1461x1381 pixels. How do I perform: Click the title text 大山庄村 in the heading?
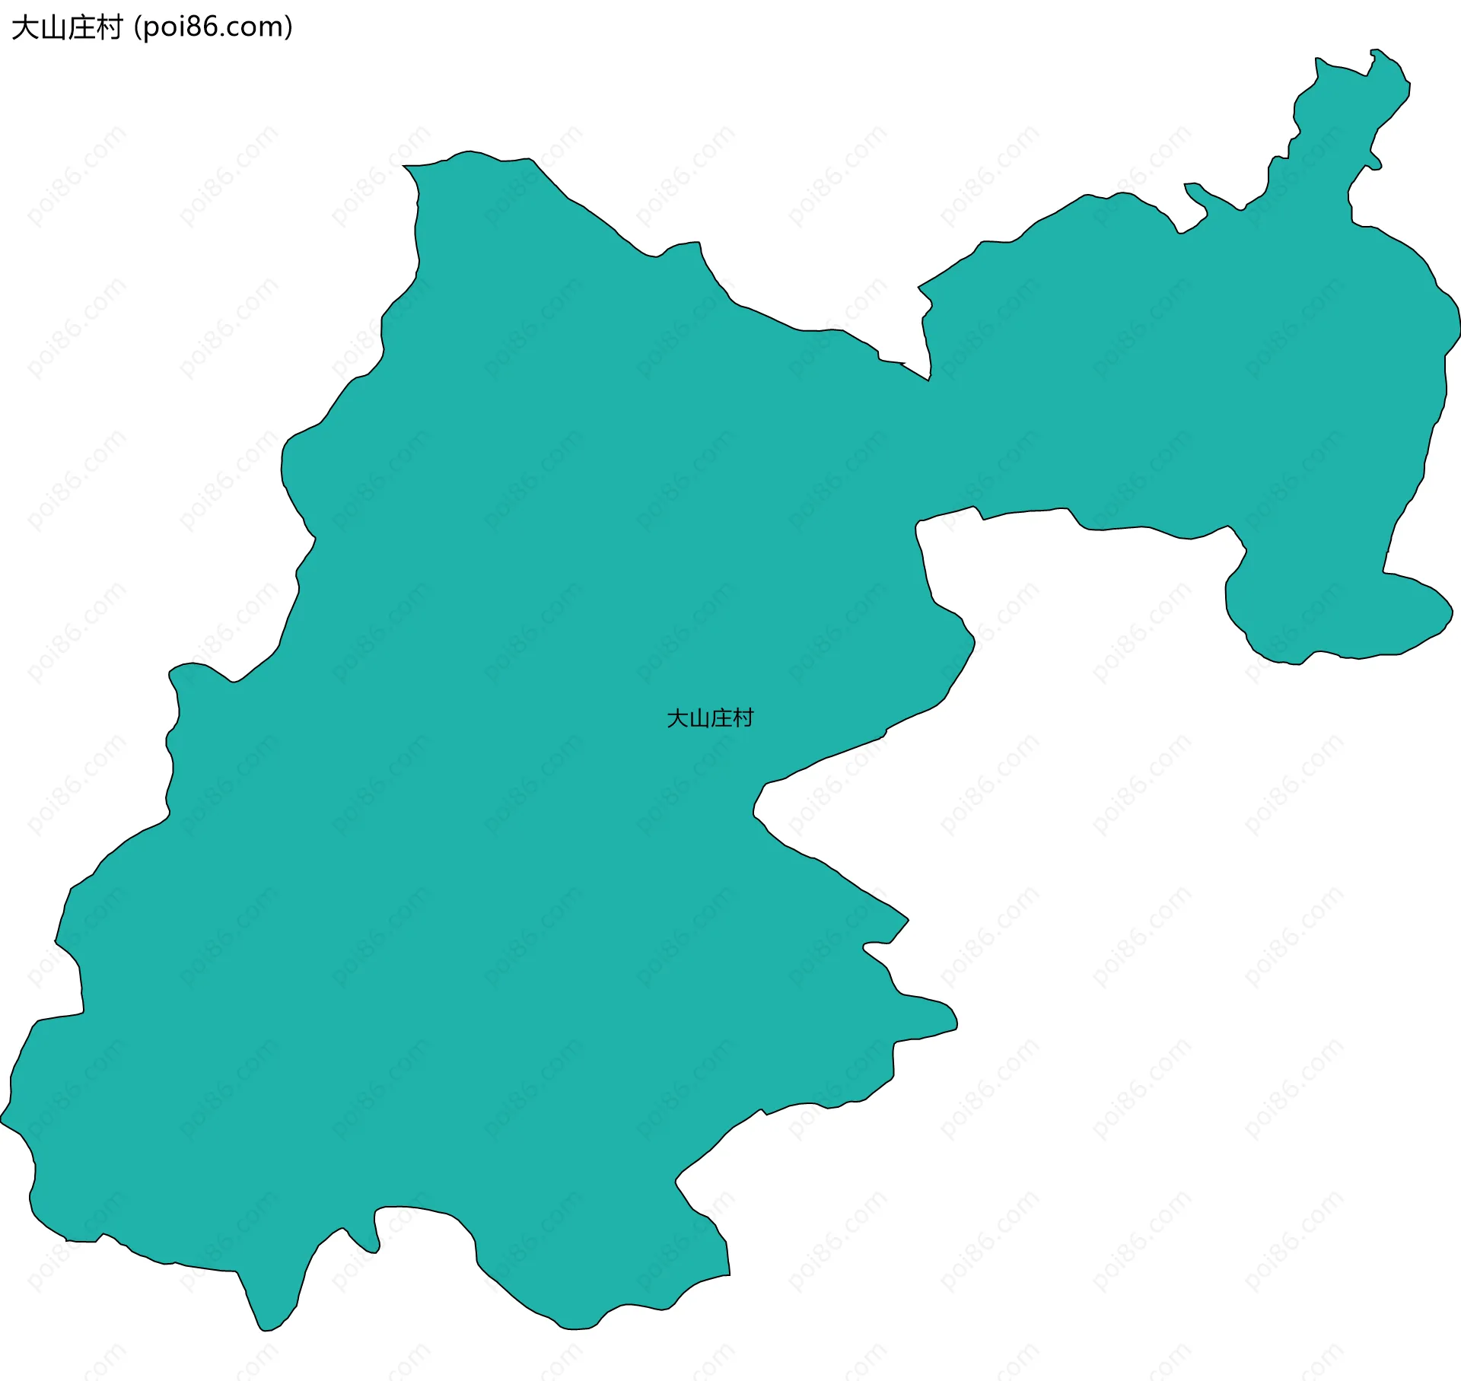point(67,27)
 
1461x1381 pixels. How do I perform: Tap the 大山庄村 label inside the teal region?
point(709,718)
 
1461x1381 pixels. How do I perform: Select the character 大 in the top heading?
point(24,27)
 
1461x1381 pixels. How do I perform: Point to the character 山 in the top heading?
point(53,28)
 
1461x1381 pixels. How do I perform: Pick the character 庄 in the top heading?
point(81,27)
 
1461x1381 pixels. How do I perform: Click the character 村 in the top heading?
point(109,27)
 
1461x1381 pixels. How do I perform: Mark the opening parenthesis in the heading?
point(138,27)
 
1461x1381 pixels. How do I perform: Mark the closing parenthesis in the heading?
point(288,27)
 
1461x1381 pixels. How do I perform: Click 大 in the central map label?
point(677,718)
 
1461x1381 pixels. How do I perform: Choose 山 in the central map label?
point(699,719)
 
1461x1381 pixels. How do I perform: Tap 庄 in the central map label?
point(721,718)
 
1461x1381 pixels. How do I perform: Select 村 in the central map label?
point(743,718)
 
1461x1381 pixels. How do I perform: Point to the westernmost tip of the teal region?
point(2,1119)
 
